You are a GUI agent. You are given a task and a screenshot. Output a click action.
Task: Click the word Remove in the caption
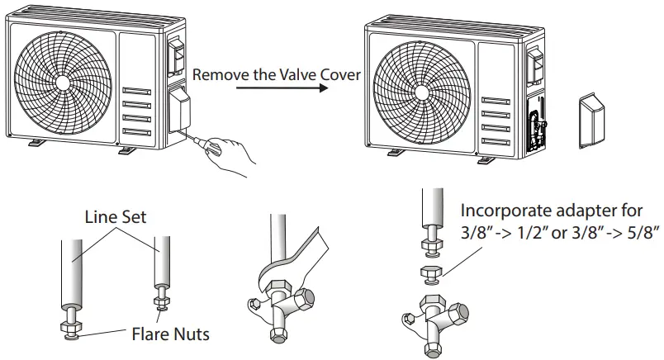point(217,75)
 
